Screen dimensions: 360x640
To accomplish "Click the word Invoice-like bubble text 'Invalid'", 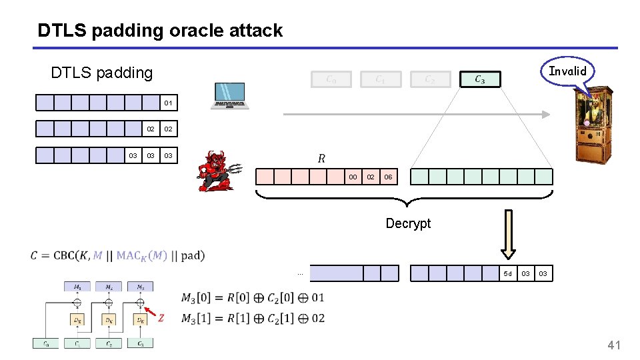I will [567, 71].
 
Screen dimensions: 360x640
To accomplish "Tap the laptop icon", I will [230, 96].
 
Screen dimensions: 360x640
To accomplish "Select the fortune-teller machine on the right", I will [593, 125].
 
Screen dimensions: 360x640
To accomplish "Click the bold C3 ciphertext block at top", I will [479, 79].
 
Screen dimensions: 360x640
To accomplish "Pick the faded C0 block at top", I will [331, 79].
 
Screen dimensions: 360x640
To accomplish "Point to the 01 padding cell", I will [169, 103].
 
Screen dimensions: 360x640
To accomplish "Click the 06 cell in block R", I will [388, 177].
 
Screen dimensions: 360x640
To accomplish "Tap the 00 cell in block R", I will [353, 177].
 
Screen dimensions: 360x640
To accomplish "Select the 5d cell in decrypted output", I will [508, 273].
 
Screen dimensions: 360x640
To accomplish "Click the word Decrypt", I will [408, 223].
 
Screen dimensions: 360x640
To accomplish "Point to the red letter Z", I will [161, 318].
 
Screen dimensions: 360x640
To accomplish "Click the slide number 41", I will [613, 345].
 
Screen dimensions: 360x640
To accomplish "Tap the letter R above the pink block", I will [321, 158].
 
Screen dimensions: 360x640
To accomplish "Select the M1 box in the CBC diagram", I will [77, 287].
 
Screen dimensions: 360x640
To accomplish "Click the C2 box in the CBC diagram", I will [109, 343].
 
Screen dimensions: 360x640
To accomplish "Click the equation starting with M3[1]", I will [253, 318].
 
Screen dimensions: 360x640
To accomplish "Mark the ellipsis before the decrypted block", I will [300, 273].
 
